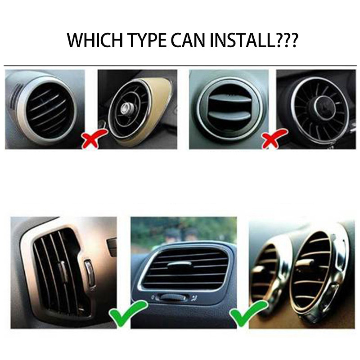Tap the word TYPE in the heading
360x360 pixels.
point(144,40)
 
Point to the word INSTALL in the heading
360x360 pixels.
point(243,40)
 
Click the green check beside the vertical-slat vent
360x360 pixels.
point(123,313)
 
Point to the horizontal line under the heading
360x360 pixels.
point(180,66)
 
